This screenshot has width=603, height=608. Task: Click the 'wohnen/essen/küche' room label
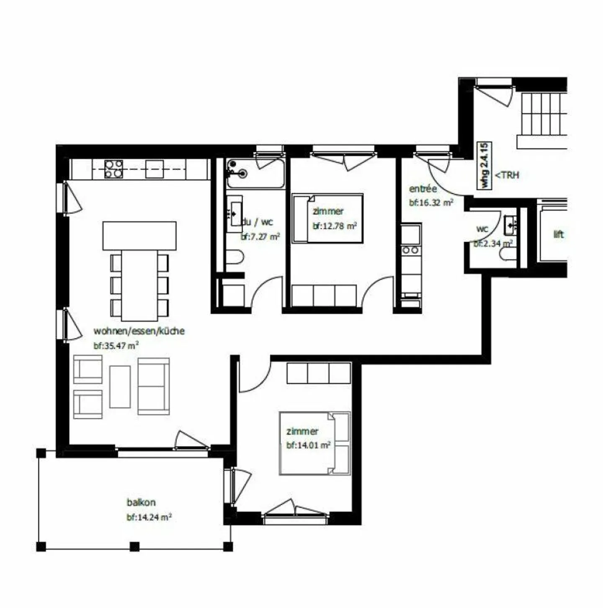pyautogui.click(x=139, y=331)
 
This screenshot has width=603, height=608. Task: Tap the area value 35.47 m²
pyautogui.click(x=116, y=346)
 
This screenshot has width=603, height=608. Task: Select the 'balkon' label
pyautogui.click(x=141, y=502)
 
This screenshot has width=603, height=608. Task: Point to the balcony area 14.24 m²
pyautogui.click(x=149, y=517)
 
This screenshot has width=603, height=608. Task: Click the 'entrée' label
pyautogui.click(x=423, y=189)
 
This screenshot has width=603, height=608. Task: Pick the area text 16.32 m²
pyautogui.click(x=431, y=203)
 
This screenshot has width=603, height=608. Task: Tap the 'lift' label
pyautogui.click(x=559, y=234)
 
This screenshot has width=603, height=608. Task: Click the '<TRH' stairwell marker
pyautogui.click(x=507, y=175)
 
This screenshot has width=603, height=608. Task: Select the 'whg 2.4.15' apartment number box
pyautogui.click(x=484, y=165)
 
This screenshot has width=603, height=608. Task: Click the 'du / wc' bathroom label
pyautogui.click(x=257, y=222)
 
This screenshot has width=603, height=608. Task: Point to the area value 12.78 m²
pyautogui.click(x=334, y=226)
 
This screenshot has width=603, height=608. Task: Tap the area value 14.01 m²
pyautogui.click(x=308, y=445)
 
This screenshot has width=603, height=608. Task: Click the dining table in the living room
pyautogui.click(x=139, y=285)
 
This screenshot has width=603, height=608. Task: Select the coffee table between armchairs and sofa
pyautogui.click(x=120, y=386)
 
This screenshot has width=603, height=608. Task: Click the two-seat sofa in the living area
pyautogui.click(x=154, y=386)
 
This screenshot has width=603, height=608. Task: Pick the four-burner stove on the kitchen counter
pyautogui.click(x=113, y=169)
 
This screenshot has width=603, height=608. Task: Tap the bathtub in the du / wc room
pyautogui.click(x=255, y=173)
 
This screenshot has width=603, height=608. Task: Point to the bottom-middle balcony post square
pyautogui.click(x=134, y=546)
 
